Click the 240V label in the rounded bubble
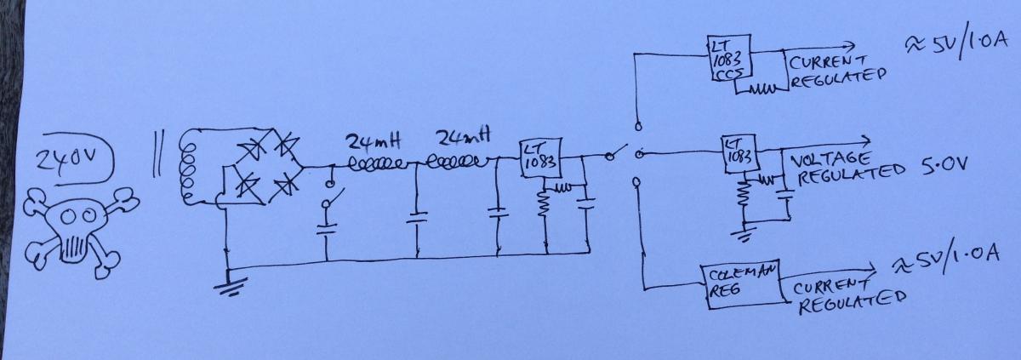pos(67,159)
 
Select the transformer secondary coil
pos(189,168)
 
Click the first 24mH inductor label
pos(374,142)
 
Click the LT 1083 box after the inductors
pos(540,158)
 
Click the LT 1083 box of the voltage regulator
pos(740,153)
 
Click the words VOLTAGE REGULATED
pos(847,169)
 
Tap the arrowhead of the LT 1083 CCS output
pos(849,45)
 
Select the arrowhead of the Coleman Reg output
pos(870,268)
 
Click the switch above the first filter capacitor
pos(333,195)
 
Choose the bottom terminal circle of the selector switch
pos(637,183)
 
